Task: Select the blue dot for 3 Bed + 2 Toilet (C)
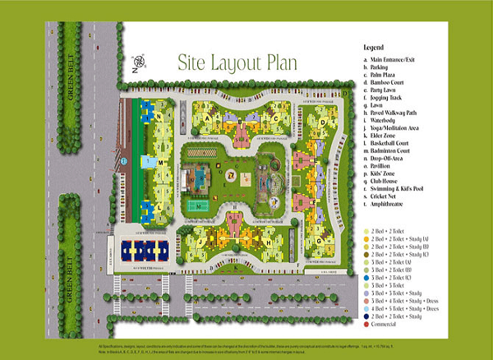click(x=367, y=277)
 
